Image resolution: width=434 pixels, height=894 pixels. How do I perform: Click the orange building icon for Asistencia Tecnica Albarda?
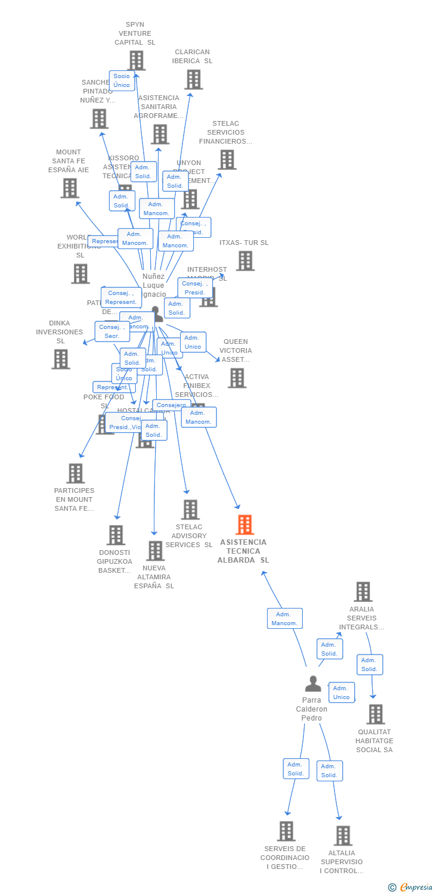pyautogui.click(x=244, y=525)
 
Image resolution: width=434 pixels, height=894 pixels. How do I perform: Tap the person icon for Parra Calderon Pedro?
pyautogui.click(x=312, y=684)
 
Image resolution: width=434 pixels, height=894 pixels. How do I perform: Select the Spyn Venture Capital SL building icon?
pyautogui.click(x=136, y=60)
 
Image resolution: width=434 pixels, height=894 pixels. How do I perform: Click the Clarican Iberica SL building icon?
pyautogui.click(x=193, y=79)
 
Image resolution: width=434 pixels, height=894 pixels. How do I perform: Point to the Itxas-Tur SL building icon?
pyautogui.click(x=245, y=260)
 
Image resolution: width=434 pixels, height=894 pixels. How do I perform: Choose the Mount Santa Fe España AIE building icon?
pyautogui.click(x=70, y=188)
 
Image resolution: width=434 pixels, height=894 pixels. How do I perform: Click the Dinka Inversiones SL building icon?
pyautogui.click(x=61, y=359)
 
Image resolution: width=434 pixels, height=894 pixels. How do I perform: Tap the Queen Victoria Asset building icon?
pyautogui.click(x=237, y=378)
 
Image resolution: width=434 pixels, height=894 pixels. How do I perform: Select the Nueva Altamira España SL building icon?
pyautogui.click(x=155, y=551)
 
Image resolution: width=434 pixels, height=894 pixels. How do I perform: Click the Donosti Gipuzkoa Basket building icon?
pyautogui.click(x=116, y=535)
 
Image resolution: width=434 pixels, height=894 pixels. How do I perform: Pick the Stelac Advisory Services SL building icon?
pyautogui.click(x=190, y=510)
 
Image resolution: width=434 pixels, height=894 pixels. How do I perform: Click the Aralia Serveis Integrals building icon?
pyautogui.click(x=362, y=592)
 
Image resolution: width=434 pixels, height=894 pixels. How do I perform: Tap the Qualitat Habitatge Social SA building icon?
pyautogui.click(x=375, y=714)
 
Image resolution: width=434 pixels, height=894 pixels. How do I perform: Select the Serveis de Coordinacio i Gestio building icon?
pyautogui.click(x=286, y=831)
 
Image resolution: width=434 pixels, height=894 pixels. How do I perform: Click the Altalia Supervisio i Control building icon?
pyautogui.click(x=343, y=836)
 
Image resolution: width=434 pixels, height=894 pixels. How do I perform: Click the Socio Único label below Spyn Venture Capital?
pyautogui.click(x=122, y=80)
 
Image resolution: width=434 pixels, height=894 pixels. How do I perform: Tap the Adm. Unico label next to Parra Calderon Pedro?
pyautogui.click(x=342, y=693)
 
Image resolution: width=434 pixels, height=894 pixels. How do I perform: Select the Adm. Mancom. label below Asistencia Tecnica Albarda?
pyautogui.click(x=284, y=619)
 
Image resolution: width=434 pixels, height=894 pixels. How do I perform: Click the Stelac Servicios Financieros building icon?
pyautogui.click(x=227, y=160)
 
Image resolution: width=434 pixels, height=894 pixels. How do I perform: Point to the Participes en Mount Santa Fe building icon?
pyautogui.click(x=75, y=473)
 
